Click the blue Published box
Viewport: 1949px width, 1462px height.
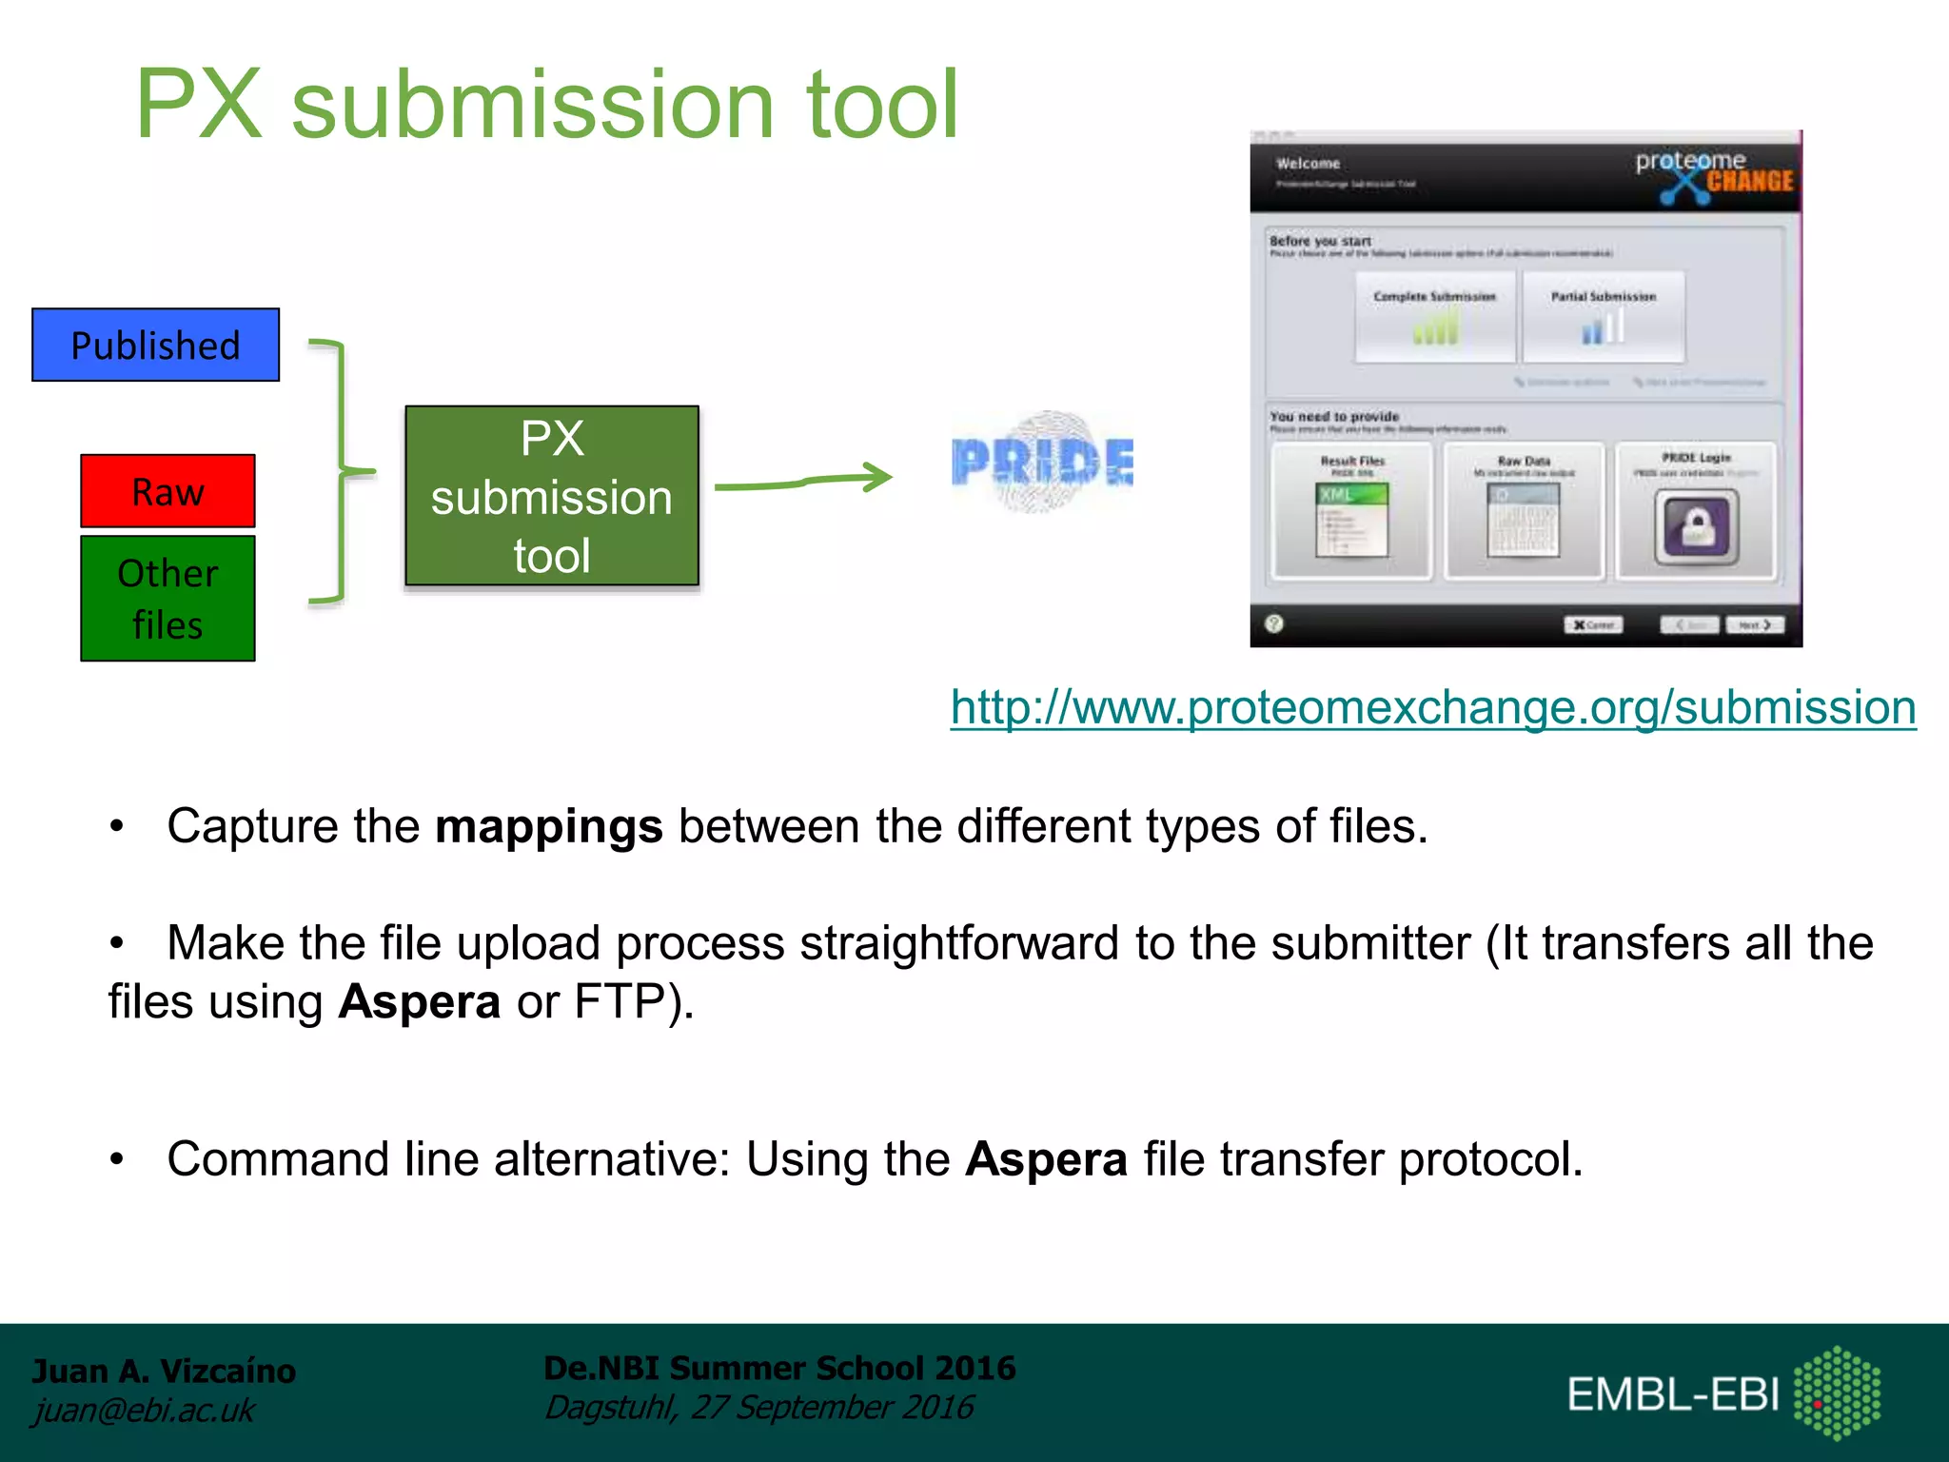(155, 345)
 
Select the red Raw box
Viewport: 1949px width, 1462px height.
(167, 491)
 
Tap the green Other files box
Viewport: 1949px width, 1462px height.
(167, 598)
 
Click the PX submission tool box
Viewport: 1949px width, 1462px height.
(551, 496)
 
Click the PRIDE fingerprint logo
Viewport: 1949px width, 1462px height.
(1042, 463)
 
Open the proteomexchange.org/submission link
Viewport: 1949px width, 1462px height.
(1432, 708)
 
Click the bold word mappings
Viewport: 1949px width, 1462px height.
(548, 826)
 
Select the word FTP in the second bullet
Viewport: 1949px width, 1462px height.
(620, 1002)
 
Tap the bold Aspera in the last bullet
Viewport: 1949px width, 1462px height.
(1046, 1159)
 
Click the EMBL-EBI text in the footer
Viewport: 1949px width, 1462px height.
(1672, 1394)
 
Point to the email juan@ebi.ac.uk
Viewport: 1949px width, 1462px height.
(144, 1410)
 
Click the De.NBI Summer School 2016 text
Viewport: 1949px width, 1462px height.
(778, 1368)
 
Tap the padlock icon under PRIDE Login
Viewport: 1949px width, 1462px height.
(1695, 527)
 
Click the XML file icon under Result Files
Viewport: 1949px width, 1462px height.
(1351, 520)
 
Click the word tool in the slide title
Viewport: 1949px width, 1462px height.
(881, 105)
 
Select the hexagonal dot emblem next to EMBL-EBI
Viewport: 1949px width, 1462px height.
(1837, 1393)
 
